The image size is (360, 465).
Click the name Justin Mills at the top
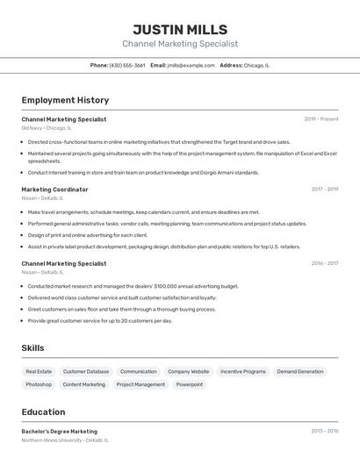tap(180, 30)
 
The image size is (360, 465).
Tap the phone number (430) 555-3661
tap(127, 65)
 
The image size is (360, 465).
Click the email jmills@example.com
tap(191, 65)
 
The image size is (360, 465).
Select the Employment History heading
tap(65, 100)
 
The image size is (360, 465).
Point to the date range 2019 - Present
tap(321, 119)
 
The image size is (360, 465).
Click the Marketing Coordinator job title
tap(54, 190)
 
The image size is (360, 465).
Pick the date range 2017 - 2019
tap(324, 190)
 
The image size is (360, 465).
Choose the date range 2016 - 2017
tap(324, 263)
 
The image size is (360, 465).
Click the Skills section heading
tap(32, 348)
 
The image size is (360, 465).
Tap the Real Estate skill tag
tap(39, 371)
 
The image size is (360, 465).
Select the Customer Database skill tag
tap(86, 371)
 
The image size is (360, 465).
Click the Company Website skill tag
tap(189, 371)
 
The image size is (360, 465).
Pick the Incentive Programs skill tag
tap(243, 371)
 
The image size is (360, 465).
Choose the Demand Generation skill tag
tap(299, 371)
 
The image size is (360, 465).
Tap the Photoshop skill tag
tap(39, 384)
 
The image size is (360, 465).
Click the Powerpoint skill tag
tap(190, 384)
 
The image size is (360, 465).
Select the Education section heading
tap(43, 411)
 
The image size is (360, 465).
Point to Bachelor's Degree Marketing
tap(60, 432)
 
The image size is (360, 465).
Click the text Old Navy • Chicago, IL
tap(47, 128)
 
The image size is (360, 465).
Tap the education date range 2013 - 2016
tap(324, 432)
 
